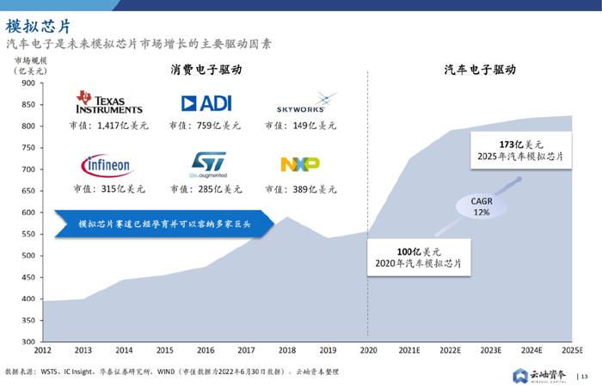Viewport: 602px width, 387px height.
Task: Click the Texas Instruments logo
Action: [x=108, y=102]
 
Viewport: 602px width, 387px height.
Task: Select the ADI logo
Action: [x=206, y=103]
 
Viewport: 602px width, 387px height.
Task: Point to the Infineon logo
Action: [x=107, y=163]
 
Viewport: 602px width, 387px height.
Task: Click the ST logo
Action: [x=206, y=163]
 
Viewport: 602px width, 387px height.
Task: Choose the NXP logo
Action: [x=300, y=163]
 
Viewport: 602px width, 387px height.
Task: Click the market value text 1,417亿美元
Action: [x=109, y=126]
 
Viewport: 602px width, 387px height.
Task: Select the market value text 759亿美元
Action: [x=206, y=126]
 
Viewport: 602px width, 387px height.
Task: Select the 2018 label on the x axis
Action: [x=286, y=350]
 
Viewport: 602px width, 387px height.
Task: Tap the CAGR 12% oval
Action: [x=480, y=207]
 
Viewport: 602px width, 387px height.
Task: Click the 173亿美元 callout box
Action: [x=521, y=150]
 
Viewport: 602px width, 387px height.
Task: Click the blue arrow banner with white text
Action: [x=163, y=224]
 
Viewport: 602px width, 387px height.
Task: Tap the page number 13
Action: [x=587, y=376]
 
